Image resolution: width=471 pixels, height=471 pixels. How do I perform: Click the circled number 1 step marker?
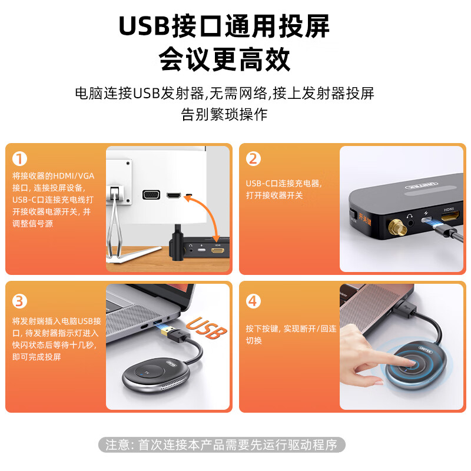20,159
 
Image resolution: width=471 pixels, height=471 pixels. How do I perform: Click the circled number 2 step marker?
254,159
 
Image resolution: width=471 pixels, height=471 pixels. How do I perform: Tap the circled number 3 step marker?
20,301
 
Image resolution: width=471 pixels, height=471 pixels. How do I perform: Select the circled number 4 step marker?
254,301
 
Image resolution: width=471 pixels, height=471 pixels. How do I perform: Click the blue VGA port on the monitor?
151,195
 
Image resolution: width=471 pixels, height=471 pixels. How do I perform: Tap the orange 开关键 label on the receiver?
356,217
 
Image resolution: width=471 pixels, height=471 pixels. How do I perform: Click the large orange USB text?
207,330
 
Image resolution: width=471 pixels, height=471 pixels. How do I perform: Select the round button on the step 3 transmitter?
148,372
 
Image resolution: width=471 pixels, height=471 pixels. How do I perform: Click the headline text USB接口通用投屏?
224,26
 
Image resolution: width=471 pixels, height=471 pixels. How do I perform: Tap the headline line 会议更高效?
224,59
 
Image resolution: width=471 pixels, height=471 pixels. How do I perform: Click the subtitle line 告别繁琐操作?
224,114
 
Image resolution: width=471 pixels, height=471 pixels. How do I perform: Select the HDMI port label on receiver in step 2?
448,209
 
